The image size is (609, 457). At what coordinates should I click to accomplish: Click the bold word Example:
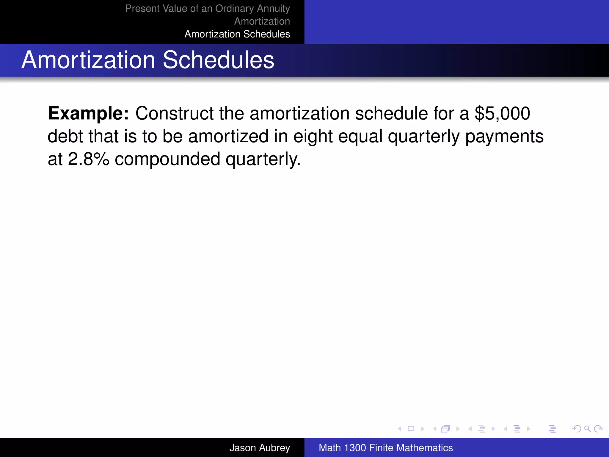88,113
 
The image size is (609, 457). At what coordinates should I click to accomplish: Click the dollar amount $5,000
502,113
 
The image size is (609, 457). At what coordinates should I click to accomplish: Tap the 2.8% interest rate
89,159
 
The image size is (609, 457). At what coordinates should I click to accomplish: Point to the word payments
504,136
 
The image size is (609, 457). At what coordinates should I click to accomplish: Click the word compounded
167,159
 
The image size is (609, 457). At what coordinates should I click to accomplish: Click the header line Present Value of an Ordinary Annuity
207,8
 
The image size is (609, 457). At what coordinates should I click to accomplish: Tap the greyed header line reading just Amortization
262,21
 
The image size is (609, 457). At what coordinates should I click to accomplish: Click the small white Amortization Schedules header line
237,34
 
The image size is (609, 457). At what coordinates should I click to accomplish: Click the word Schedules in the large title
218,60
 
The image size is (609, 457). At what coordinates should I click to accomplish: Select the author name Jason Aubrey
259,447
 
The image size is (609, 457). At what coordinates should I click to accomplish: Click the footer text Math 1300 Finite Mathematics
386,447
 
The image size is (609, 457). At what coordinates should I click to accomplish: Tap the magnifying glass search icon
587,429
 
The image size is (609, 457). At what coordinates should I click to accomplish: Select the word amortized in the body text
228,136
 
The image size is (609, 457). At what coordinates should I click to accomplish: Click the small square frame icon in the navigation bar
411,429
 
